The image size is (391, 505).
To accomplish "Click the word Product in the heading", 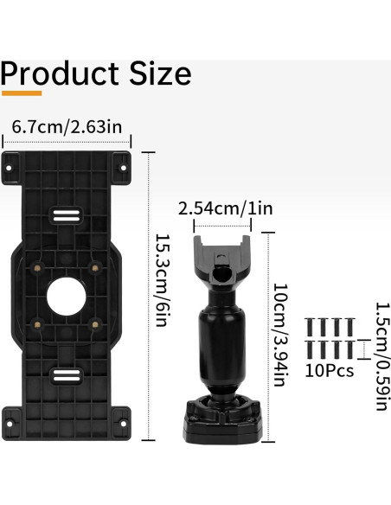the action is [60, 74].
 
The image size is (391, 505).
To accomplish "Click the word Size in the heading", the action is [160, 74].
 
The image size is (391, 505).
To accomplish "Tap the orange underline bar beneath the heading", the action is [22, 93].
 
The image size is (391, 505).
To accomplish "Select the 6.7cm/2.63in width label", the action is [67, 127].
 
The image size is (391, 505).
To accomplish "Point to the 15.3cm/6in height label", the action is [163, 280].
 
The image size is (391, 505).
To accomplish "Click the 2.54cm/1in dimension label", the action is [226, 208].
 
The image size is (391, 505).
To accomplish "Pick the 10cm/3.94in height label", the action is [280, 335].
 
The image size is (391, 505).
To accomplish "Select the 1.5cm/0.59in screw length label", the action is [382, 356].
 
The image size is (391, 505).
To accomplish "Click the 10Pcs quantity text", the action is [330, 371].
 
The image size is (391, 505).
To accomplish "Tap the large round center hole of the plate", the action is [67, 297].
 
